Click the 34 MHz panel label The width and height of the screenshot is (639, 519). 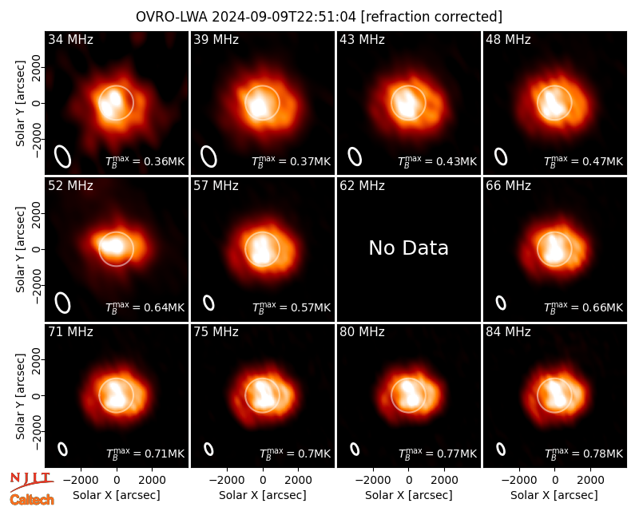point(70,39)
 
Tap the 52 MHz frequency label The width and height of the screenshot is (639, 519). point(70,186)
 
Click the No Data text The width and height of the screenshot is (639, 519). point(408,248)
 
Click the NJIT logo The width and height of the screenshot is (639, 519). point(31,481)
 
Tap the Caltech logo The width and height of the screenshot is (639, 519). point(32,500)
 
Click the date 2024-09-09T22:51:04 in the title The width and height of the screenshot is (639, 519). point(284,17)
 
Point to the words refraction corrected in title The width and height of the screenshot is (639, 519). point(431,17)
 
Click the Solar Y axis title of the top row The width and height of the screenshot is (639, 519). point(20,104)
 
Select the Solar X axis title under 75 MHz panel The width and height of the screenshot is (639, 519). point(263,495)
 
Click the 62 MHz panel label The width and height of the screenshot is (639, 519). point(363,186)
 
